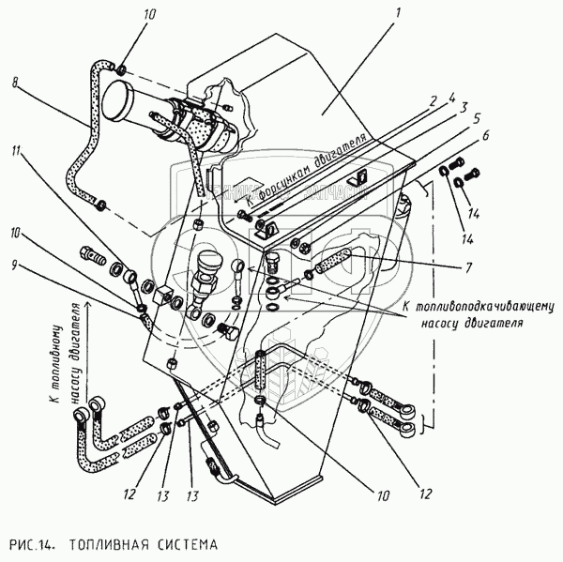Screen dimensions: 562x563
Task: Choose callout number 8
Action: point(15,83)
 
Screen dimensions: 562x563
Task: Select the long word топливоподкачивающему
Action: point(478,307)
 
